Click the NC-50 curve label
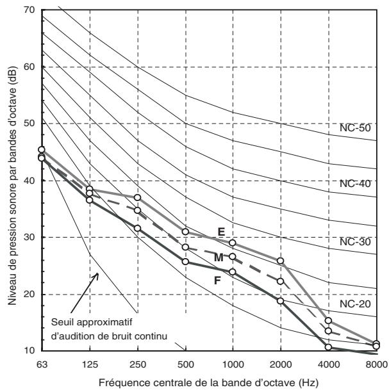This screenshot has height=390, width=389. click(355, 128)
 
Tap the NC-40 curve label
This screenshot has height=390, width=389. click(355, 184)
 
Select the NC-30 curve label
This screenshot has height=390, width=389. click(355, 241)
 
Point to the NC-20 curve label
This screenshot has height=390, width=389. click(355, 304)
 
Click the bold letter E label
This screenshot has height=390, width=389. click(221, 232)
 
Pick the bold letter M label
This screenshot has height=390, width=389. click(219, 257)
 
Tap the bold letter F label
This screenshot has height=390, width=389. click(217, 280)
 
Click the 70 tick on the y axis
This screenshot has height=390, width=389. click(29, 10)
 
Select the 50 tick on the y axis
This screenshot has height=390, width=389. click(29, 124)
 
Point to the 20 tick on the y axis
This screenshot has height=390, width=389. click(29, 294)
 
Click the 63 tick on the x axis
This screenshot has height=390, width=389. click(42, 364)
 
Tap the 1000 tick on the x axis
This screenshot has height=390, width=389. click(233, 364)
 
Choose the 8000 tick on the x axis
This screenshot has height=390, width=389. click(376, 364)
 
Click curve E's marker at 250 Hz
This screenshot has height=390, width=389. click(137, 197)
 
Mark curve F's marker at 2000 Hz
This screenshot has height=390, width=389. click(281, 301)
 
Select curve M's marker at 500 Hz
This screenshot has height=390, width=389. click(185, 247)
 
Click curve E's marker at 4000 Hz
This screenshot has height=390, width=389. click(328, 320)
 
